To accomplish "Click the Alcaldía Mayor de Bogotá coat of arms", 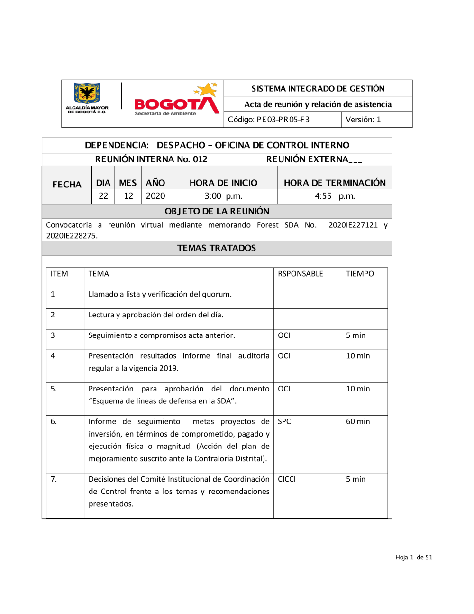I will pos(87,93).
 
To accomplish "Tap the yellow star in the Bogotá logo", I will pos(207,89).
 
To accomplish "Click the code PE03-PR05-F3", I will pos(283,120).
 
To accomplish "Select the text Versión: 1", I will pos(363,120).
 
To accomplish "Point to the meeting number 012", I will pos(200,159).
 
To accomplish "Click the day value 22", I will pos(103,196).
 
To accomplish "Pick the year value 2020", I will pos(155,196).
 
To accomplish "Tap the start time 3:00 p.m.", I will pos(223,196).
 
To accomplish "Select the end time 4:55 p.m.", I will pos(335,196).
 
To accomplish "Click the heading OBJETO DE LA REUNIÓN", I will pos(217,211).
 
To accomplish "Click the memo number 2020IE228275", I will pos(72,236).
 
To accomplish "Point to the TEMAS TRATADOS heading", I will pos(217,248).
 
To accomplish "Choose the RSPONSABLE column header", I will pos(301,274).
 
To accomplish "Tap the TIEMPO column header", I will pos(360,274).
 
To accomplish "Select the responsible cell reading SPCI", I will pos(285,421).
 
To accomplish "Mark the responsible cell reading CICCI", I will pos(287,479).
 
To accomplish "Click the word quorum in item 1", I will pos(216,294).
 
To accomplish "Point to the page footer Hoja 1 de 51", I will pos(414,558).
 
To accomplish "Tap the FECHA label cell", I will pos(67,185).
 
